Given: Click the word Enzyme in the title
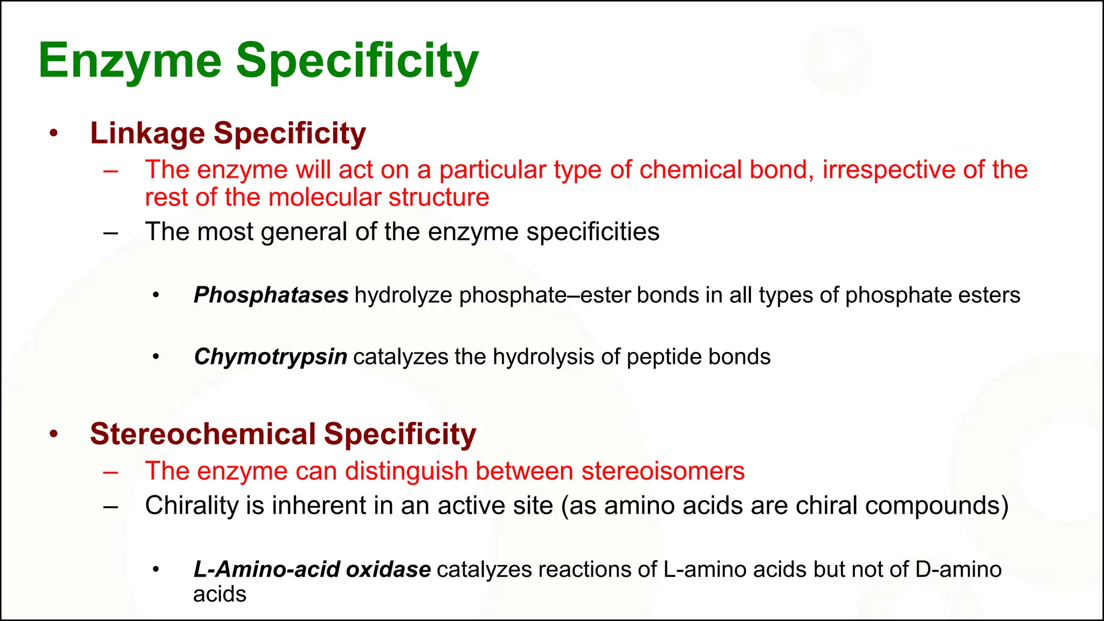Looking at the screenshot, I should coord(130,61).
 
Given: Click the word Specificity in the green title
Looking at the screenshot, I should coord(357,61).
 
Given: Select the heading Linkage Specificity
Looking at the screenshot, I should coord(227,133).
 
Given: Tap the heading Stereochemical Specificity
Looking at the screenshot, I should coord(283,434).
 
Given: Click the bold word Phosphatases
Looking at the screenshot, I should coord(271,295).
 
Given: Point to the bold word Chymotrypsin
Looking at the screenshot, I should coord(270,357).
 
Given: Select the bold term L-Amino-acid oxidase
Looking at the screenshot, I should coord(312,569).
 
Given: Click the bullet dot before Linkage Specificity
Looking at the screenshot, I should coord(53,133).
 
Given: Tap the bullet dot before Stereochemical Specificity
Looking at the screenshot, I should coord(53,434).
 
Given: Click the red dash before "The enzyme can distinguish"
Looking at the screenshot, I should coord(111,472).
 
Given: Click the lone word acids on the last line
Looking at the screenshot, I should coord(219,594).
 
